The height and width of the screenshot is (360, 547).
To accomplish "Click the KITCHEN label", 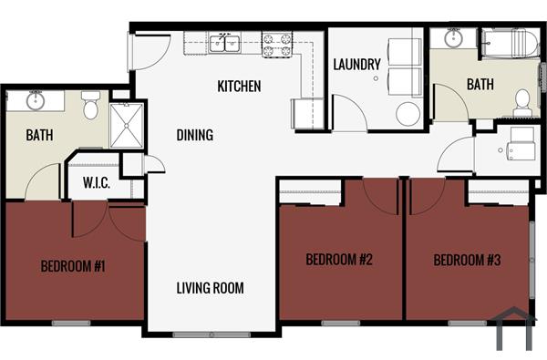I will pyautogui.click(x=239, y=87).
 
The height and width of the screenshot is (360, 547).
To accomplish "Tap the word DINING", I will pyautogui.click(x=194, y=136).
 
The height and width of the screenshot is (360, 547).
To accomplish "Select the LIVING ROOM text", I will pyautogui.click(x=210, y=289).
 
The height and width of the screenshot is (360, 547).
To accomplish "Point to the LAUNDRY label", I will pyautogui.click(x=356, y=65).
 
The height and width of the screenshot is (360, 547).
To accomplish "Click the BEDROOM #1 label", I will pyautogui.click(x=74, y=267).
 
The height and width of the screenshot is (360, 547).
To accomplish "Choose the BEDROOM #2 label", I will pyautogui.click(x=339, y=260).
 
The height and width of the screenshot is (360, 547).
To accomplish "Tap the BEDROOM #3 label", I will pyautogui.click(x=467, y=260).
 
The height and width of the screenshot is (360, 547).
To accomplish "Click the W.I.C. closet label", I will pyautogui.click(x=96, y=183).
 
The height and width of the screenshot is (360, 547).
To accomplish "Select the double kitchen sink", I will pyautogui.click(x=223, y=42).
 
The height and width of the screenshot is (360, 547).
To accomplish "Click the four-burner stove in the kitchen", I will pyautogui.click(x=277, y=44).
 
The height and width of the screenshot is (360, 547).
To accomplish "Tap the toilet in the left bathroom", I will pyautogui.click(x=90, y=106).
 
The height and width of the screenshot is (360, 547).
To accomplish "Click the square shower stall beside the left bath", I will pyautogui.click(x=126, y=125).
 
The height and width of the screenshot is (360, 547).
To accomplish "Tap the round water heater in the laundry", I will pyautogui.click(x=408, y=113).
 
